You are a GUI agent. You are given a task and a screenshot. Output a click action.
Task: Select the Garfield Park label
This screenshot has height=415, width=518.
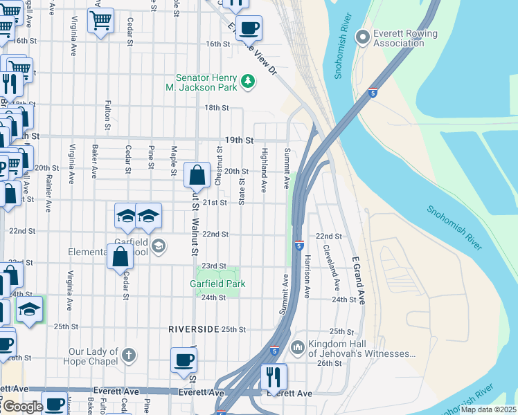218,284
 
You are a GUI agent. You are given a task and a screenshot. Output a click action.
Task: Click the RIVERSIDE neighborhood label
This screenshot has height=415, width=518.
193,329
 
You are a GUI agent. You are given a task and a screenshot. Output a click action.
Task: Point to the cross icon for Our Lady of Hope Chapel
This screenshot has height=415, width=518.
128,356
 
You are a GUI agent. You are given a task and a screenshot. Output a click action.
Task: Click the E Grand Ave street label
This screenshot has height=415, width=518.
357,279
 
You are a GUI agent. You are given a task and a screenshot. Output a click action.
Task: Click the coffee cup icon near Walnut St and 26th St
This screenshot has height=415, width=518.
184,360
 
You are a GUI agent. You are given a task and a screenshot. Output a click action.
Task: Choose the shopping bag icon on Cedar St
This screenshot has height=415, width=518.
120,256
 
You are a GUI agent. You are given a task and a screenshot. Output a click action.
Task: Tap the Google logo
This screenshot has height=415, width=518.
22,407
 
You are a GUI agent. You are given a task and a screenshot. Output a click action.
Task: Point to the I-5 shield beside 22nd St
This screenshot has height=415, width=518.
298,246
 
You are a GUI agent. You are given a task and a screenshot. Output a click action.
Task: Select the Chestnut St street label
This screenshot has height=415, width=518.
219,165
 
